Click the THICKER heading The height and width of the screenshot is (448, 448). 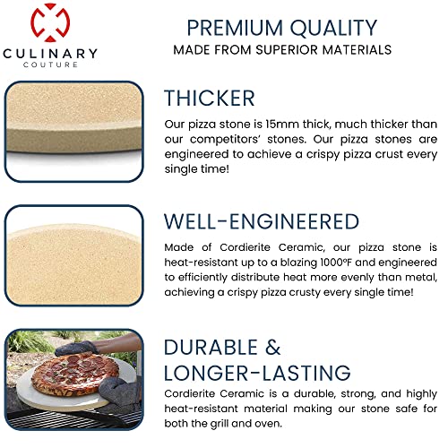click(210, 98)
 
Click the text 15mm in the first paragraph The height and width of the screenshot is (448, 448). click(303, 124)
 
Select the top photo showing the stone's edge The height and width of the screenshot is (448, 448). click(73, 129)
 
